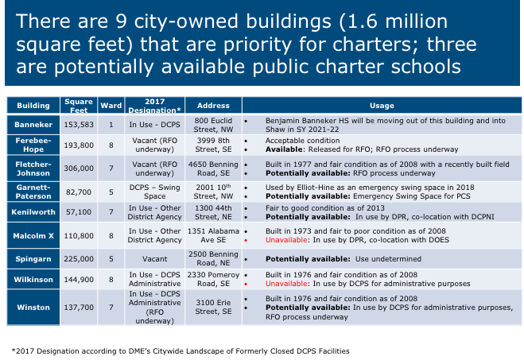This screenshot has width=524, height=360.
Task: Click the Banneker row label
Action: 33,125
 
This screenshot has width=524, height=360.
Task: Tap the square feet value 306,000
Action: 79,168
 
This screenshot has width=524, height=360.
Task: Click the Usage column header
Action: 382,106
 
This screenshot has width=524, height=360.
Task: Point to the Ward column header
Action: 111,106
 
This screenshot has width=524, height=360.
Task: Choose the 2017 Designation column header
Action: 156,106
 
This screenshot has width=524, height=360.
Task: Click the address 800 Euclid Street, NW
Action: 214,125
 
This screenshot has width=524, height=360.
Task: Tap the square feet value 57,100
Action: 79,213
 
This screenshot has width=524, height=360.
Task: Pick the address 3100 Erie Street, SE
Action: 214,306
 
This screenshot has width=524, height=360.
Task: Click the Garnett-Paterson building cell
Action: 33,191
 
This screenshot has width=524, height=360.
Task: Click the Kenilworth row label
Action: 33,213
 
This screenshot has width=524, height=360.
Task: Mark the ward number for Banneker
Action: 111,125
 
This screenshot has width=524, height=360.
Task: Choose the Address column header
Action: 214,106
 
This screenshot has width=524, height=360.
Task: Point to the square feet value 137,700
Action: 79,306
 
